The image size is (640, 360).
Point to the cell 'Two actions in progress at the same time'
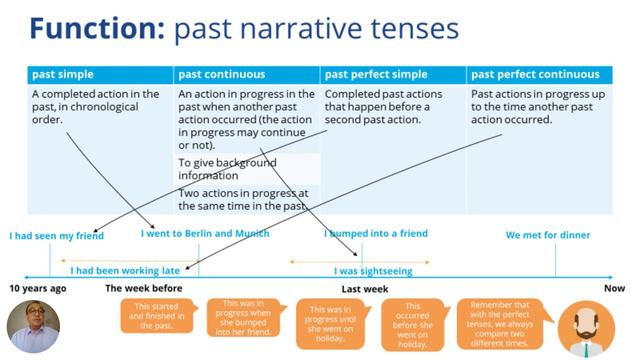coord(242,198)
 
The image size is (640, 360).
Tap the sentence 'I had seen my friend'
coord(56,237)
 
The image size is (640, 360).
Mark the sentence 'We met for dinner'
coord(547,236)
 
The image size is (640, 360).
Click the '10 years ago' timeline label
coord(38,288)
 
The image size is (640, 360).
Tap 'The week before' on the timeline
coord(144,288)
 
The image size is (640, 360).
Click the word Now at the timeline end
coord(614,288)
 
